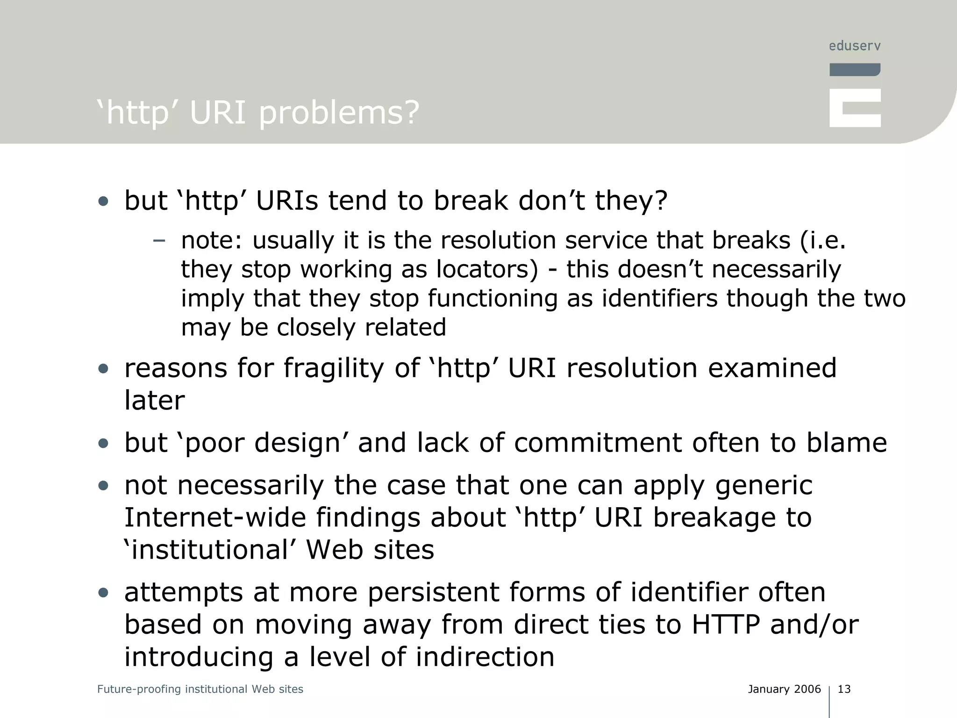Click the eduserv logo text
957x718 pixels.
point(855,46)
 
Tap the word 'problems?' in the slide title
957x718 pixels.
point(339,113)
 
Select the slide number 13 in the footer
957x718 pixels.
point(844,689)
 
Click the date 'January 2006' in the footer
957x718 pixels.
point(784,689)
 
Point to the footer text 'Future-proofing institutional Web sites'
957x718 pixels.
point(200,689)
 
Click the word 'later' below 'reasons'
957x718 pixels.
point(155,400)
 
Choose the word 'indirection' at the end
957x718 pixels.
point(485,657)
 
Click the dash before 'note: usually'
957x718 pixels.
point(159,241)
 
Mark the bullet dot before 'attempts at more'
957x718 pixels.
point(103,593)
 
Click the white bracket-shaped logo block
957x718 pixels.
point(855,108)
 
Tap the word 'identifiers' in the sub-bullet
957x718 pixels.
point(659,298)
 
